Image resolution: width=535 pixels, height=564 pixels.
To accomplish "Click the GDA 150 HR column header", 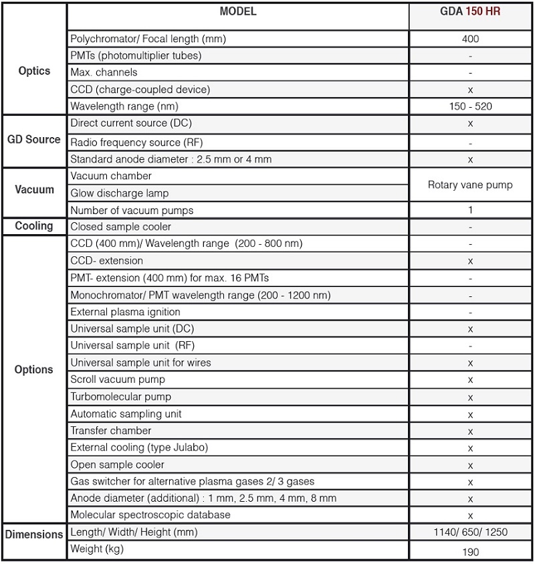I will coord(470,12).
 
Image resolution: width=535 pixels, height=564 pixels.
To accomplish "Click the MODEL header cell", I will coord(237,12).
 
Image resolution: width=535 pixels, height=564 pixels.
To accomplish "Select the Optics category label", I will coord(34,71).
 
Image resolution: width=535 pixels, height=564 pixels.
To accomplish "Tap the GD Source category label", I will coord(34,140).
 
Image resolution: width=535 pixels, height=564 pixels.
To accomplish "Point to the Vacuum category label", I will coord(34,189).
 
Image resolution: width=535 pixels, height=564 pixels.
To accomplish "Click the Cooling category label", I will coord(34,226).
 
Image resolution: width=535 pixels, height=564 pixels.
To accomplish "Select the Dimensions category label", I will coord(34,534).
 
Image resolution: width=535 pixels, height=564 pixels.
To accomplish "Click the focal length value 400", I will coord(470,39).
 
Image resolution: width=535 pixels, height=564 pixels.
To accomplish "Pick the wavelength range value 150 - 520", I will coord(470,106).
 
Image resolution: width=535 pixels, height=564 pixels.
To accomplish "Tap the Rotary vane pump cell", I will coord(470,185).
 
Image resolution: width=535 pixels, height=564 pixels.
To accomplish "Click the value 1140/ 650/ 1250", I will coord(470,533).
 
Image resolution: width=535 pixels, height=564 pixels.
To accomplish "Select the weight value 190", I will coord(470,552).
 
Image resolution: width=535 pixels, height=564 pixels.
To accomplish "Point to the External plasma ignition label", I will coord(125,312).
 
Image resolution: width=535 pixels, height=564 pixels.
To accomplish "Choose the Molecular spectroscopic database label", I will coord(150,514).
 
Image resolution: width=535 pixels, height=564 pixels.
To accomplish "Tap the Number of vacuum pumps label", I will coord(132,210).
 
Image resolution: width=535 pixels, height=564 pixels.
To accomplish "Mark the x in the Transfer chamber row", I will coord(470,432).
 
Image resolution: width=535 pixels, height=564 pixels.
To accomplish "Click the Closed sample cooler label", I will coord(120,227).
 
